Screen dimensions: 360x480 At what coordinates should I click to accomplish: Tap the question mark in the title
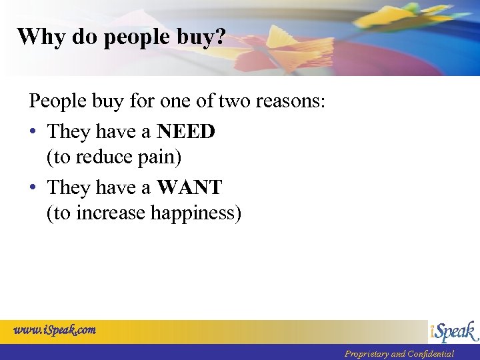(220, 37)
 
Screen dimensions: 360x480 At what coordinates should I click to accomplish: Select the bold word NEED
(186, 132)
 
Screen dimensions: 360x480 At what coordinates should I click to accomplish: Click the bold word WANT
(189, 188)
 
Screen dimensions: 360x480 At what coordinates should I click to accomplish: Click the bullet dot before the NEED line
(33, 132)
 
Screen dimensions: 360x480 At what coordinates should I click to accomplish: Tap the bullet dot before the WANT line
(33, 188)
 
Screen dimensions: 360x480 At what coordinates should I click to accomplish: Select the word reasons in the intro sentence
(287, 101)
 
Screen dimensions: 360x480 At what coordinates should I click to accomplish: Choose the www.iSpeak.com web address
(55, 329)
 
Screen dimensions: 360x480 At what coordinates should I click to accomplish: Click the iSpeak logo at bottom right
(453, 331)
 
